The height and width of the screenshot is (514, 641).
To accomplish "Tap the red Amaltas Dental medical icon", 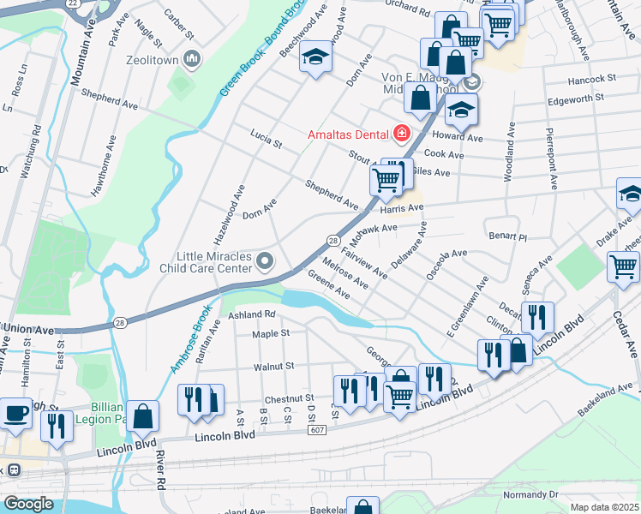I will pyautogui.click(x=400, y=134).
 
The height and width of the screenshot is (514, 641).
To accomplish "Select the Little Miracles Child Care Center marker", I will pyautogui.click(x=266, y=260).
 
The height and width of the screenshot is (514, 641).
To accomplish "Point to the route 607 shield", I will pyautogui.click(x=318, y=430).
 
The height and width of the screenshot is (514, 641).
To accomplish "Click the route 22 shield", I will pyautogui.click(x=73, y=3).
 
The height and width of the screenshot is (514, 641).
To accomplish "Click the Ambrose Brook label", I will pyautogui.click(x=186, y=341).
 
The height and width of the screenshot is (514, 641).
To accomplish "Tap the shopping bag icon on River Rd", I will pyautogui.click(x=143, y=416).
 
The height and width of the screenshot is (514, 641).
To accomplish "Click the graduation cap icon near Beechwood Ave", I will pyautogui.click(x=316, y=59).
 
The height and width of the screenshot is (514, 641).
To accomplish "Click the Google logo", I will pyautogui.click(x=28, y=504).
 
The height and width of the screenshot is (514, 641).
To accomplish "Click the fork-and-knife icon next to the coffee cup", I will pyautogui.click(x=57, y=427).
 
